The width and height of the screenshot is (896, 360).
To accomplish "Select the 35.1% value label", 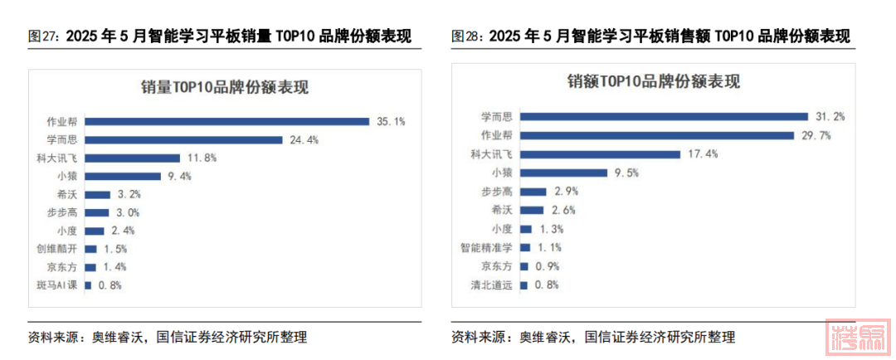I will (390, 121).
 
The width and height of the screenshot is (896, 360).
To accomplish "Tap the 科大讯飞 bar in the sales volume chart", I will (132, 158).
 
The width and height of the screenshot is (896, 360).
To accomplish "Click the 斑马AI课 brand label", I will (56, 285).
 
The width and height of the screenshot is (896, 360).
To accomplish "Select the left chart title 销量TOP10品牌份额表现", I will (225, 86).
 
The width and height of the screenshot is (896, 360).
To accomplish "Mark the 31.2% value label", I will (830, 117).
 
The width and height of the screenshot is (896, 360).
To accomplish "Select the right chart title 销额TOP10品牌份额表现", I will (653, 82).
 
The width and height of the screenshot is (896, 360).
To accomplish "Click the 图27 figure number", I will (43, 36).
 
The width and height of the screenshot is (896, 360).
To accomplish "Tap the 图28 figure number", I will (467, 36).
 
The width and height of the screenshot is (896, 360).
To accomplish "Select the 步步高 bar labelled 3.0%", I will (96, 212).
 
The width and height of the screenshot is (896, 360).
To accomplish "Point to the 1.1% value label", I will (549, 247).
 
